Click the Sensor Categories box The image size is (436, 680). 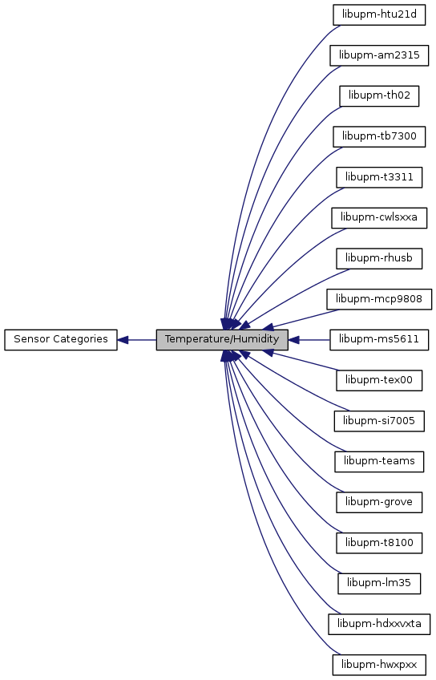click(61, 339)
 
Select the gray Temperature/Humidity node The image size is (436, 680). click(222, 339)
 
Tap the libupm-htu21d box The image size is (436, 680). click(379, 14)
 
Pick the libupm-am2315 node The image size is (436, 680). click(379, 55)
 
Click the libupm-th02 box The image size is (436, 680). click(379, 96)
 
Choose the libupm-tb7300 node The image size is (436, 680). click(379, 136)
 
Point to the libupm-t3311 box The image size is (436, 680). click(379, 177)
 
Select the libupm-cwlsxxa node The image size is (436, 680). click(379, 217)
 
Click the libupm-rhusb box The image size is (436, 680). click(379, 258)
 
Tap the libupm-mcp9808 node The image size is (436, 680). click(379, 299)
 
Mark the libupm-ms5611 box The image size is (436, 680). click(379, 339)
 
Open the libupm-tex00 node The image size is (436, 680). click(379, 380)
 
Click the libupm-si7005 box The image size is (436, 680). click(379, 421)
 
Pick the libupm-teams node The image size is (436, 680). click(379, 461)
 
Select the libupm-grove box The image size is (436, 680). click(379, 502)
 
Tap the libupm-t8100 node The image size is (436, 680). click(379, 543)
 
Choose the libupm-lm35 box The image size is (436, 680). click(379, 583)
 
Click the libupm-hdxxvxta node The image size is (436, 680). click(379, 624)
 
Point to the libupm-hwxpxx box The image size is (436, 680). click(379, 665)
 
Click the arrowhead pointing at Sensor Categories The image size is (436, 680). click(123, 339)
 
